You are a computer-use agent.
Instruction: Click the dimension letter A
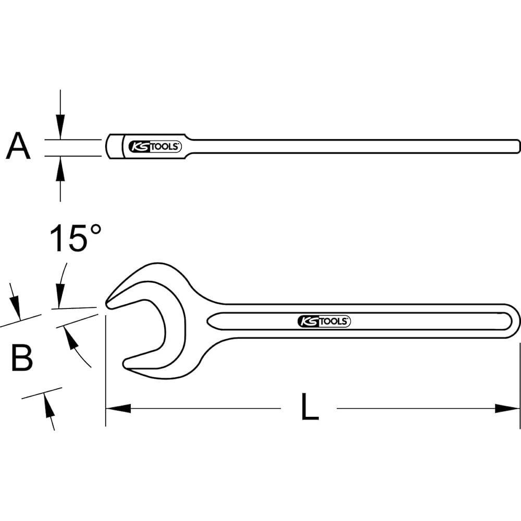18,146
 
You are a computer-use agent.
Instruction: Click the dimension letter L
309,407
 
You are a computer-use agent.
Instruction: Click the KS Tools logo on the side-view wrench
155,147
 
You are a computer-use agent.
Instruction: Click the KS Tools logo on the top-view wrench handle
324,321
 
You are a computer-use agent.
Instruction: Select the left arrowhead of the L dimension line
117,408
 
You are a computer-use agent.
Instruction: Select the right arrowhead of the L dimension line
508,408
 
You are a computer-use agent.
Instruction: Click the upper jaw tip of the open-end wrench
109,303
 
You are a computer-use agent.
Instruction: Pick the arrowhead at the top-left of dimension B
16,308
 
